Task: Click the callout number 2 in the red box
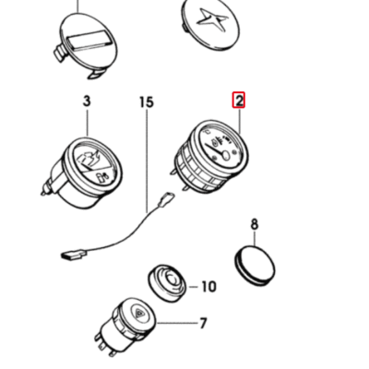(239, 101)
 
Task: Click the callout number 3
(87, 101)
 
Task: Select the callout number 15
(147, 102)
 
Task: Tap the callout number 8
(255, 224)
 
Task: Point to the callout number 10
(209, 287)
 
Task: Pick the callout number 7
(203, 324)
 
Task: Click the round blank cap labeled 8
(255, 266)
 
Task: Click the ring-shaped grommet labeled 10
(168, 282)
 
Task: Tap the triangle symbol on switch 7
(140, 313)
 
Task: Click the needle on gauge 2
(213, 150)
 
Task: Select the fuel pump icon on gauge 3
(101, 178)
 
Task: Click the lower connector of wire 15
(74, 254)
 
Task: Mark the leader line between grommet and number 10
(193, 287)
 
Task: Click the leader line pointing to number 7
(177, 323)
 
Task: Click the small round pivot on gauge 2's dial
(226, 155)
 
